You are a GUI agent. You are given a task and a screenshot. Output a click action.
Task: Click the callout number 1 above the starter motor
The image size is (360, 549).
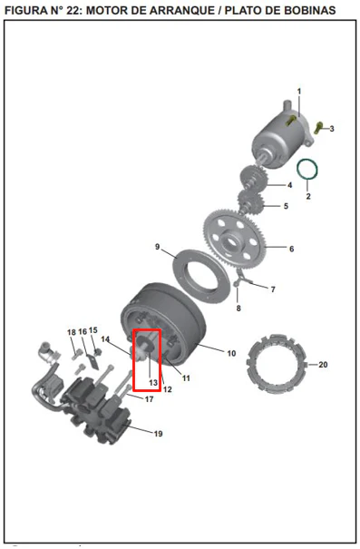(299, 92)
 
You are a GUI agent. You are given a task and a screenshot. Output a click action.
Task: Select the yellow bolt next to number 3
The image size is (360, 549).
(318, 127)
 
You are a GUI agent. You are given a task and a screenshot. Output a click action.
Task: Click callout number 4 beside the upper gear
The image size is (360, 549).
(289, 185)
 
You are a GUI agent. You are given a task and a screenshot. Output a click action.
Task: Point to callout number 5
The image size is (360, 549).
(286, 206)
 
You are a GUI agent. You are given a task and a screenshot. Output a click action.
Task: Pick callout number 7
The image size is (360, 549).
(273, 289)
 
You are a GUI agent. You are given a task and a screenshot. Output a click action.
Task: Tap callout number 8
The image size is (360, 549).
(238, 309)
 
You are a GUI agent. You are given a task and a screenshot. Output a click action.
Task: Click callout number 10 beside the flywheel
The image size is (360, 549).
(231, 353)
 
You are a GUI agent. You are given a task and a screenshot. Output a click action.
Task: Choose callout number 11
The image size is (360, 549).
(186, 378)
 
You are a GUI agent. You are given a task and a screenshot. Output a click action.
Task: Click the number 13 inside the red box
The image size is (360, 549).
(153, 383)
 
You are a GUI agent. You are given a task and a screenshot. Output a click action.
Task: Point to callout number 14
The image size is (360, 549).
(105, 339)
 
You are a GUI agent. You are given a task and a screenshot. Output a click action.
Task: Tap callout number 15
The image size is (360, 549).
(93, 330)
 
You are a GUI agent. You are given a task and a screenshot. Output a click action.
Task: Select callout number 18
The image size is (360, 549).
(72, 332)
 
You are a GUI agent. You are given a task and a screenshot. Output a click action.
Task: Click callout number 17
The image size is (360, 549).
(149, 399)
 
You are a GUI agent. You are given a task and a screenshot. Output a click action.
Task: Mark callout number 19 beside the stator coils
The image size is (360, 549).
(158, 434)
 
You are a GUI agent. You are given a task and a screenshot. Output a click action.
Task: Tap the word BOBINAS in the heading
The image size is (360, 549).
(310, 11)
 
